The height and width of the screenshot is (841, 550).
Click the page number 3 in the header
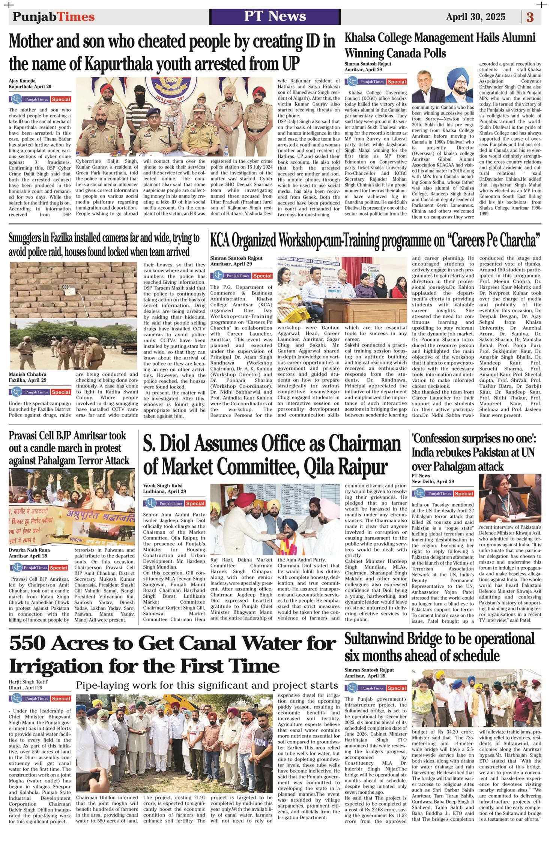click(x=530, y=17)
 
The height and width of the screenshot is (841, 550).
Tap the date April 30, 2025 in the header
click(x=475, y=17)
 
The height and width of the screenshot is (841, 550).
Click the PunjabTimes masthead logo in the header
click(x=54, y=17)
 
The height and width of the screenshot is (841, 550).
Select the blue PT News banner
click(x=275, y=16)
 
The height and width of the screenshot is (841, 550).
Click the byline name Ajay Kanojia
click(x=23, y=80)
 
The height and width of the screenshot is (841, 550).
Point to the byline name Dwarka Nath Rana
click(x=29, y=550)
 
